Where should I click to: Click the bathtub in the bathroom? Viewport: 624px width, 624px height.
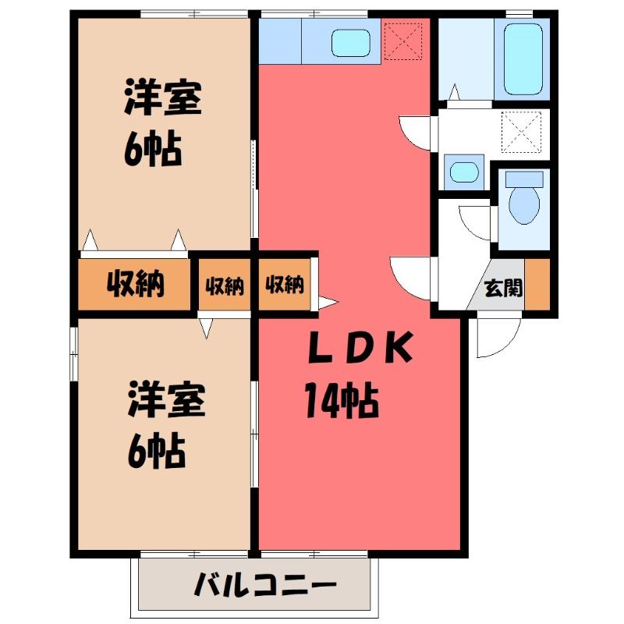[x=523, y=58]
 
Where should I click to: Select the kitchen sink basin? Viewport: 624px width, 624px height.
[x=350, y=43]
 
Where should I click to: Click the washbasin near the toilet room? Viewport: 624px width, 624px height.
[x=463, y=172]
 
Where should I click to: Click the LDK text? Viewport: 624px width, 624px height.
[x=360, y=347]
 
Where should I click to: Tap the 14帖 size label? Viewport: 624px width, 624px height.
[x=341, y=399]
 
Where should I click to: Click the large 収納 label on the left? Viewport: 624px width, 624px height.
[x=135, y=283]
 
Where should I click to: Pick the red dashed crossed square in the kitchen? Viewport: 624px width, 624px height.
[x=402, y=41]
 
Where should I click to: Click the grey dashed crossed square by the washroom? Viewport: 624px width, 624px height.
[x=521, y=132]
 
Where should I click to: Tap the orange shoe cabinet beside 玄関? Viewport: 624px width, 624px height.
[x=537, y=284]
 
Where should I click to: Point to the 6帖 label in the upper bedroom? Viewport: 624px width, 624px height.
[x=152, y=150]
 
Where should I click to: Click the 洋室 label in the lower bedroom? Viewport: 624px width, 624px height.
[x=166, y=399]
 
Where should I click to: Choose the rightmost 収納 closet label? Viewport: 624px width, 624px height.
[x=284, y=284]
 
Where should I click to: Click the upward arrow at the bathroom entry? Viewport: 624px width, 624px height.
[x=455, y=92]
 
